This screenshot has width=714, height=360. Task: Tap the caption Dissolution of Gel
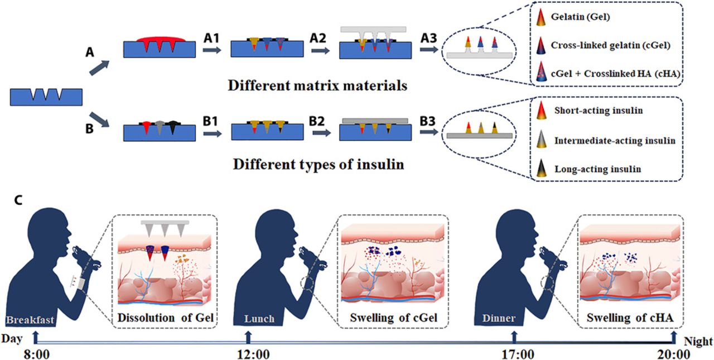click(166, 319)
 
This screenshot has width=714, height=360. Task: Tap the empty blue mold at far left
click(46, 97)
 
